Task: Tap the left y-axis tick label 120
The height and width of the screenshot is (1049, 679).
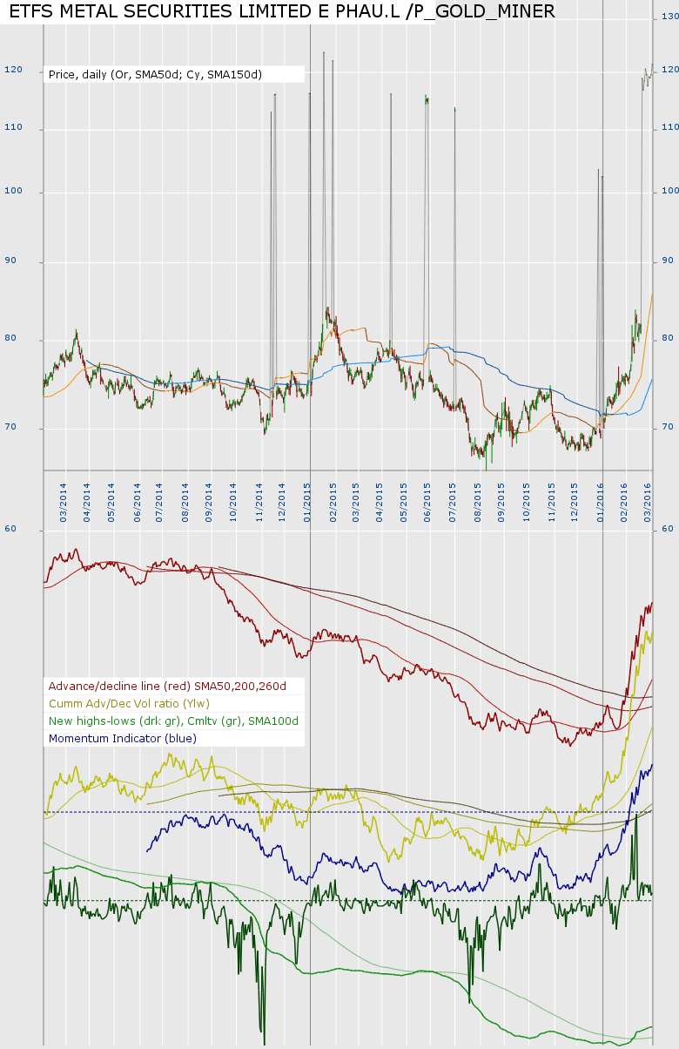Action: pyautogui.click(x=13, y=70)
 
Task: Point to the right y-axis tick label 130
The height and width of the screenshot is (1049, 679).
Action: pyautogui.click(x=669, y=17)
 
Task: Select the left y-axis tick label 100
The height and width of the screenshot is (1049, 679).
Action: pyautogui.click(x=13, y=192)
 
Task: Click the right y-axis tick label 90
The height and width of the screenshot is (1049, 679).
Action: pyautogui.click(x=669, y=261)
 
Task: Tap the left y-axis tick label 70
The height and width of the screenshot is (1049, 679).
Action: pyautogui.click(x=11, y=427)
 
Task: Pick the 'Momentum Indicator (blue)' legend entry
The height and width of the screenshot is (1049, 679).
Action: pyautogui.click(x=123, y=739)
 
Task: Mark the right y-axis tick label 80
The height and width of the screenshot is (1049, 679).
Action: pyautogui.click(x=669, y=338)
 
